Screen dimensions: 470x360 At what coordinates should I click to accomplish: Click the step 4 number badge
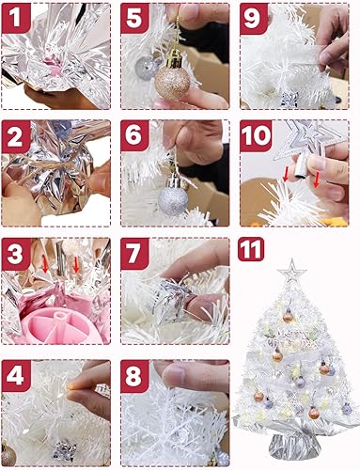click(17, 377)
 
